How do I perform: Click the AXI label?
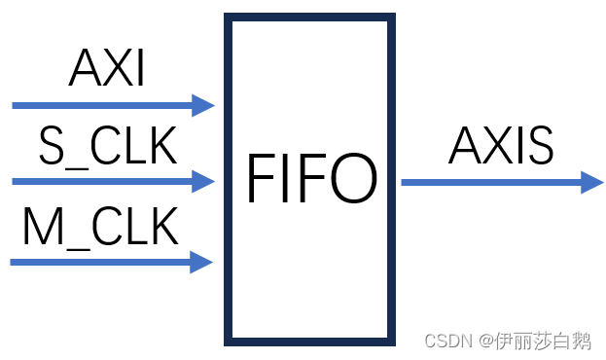[x=107, y=70]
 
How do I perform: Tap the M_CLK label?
[x=101, y=229]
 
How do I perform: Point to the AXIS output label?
[x=501, y=148]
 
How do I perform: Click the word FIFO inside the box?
[x=310, y=179]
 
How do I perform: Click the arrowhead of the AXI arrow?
[x=203, y=105]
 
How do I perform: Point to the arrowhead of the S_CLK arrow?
[x=203, y=181]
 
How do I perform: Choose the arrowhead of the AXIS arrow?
[x=592, y=182]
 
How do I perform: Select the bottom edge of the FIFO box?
[x=310, y=341]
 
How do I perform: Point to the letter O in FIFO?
[x=351, y=179]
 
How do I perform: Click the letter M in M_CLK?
[x=40, y=229]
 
